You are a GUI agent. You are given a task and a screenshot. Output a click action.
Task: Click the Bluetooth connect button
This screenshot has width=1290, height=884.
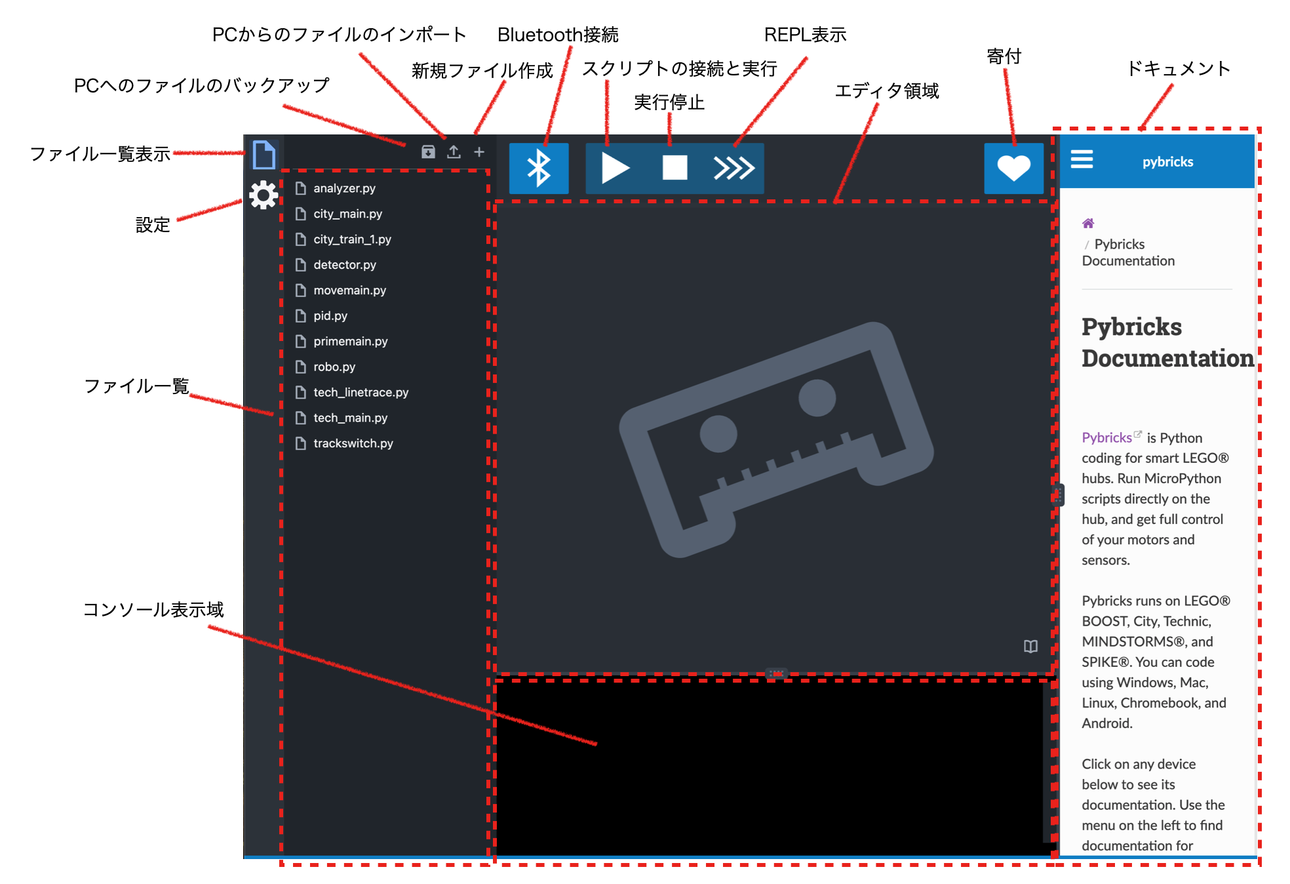(x=539, y=168)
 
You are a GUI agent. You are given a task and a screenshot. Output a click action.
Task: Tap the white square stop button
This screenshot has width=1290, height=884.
(x=674, y=168)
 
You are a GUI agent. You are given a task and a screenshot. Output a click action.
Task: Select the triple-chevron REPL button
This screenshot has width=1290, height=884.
(x=734, y=168)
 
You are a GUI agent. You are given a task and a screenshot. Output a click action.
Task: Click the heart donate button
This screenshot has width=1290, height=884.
(x=1013, y=168)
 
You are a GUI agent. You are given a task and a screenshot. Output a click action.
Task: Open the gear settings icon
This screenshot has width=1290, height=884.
(x=264, y=195)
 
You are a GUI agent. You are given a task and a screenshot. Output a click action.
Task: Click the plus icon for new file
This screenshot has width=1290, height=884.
(x=479, y=152)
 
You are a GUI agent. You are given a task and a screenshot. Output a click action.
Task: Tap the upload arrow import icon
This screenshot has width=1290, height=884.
(x=454, y=152)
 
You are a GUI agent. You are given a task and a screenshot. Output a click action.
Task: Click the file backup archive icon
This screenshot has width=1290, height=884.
(x=428, y=152)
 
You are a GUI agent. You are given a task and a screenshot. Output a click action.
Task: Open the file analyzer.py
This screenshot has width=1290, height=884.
(x=344, y=188)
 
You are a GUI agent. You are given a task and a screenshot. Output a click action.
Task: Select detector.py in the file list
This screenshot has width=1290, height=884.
(x=344, y=265)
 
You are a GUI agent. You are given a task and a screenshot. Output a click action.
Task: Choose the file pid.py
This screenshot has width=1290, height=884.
(x=330, y=316)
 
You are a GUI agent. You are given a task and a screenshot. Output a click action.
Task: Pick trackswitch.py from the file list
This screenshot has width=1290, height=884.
(x=353, y=443)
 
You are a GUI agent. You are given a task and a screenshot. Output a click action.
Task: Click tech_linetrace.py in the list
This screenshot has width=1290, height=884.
(x=361, y=392)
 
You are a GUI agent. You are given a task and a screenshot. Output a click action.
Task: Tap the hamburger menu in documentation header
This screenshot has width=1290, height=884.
(x=1082, y=159)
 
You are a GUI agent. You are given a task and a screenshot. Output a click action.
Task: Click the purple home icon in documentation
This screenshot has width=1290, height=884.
(x=1088, y=224)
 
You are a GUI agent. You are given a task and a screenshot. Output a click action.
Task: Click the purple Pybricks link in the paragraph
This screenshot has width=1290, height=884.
(x=1106, y=437)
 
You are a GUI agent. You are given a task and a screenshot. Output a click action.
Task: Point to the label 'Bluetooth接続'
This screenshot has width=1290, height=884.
(x=558, y=35)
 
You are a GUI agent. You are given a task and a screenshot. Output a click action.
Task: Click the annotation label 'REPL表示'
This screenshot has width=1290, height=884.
(x=805, y=35)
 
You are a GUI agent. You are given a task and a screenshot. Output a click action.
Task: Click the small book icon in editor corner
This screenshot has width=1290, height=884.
(x=1030, y=647)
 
